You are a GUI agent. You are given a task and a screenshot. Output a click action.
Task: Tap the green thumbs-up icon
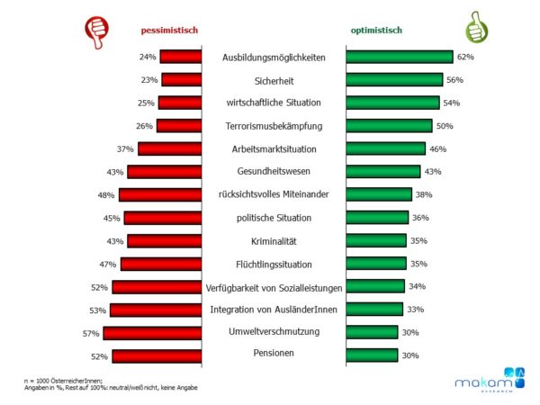coord(476,28)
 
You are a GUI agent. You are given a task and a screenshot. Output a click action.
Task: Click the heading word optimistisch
coord(376,30)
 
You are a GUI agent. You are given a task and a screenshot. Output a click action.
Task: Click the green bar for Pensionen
coord(371,355)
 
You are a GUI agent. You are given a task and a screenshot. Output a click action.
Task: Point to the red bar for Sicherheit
coord(181,79)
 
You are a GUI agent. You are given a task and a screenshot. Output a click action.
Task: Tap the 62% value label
coord(465,57)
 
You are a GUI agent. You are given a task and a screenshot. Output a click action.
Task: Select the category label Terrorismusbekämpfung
coord(273,126)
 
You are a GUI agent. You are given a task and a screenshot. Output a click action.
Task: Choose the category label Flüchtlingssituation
coord(273,264)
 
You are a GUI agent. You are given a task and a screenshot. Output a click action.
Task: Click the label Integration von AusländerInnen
coord(273,310)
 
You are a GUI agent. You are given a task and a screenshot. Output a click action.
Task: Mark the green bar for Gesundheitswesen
coord(382,171)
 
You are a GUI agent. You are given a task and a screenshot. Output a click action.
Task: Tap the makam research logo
coord(486,382)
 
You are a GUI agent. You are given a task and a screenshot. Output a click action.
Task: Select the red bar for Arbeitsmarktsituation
coord(169,148)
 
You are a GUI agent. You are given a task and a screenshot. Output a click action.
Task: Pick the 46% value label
coord(438,148)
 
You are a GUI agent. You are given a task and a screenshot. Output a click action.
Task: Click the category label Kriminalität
coord(273,240)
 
